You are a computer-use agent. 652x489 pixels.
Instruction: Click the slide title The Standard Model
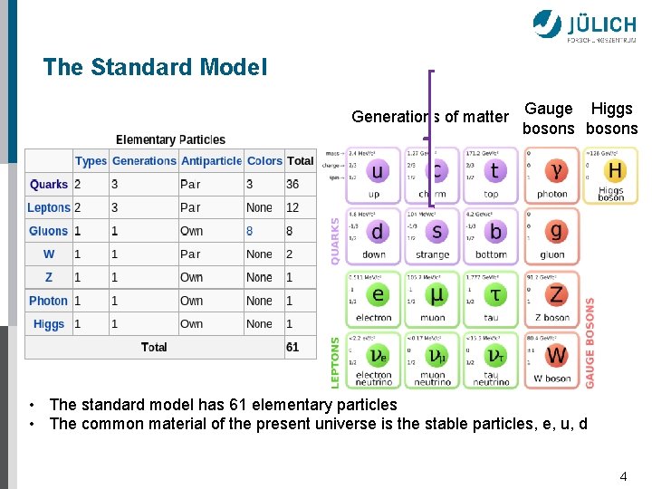(x=155, y=67)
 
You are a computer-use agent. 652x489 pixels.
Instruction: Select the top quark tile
(x=492, y=175)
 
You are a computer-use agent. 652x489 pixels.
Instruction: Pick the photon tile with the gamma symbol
(x=552, y=175)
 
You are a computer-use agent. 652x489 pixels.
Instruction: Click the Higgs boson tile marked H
(x=610, y=175)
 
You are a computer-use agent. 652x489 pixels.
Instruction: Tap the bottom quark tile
(x=492, y=235)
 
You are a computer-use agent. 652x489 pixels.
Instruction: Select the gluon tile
(x=552, y=235)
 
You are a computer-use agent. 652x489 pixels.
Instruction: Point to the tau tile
(x=492, y=297)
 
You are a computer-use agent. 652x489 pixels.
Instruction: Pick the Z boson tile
(x=552, y=297)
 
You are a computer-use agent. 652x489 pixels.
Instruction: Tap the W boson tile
(x=552, y=359)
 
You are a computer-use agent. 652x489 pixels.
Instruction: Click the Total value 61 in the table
(x=292, y=347)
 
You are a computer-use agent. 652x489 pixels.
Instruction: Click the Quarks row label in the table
(x=49, y=184)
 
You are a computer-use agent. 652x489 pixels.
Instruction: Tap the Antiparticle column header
(x=211, y=161)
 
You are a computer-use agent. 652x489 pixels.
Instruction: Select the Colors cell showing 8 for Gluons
(x=250, y=231)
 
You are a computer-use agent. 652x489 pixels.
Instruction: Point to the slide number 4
(x=623, y=476)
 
